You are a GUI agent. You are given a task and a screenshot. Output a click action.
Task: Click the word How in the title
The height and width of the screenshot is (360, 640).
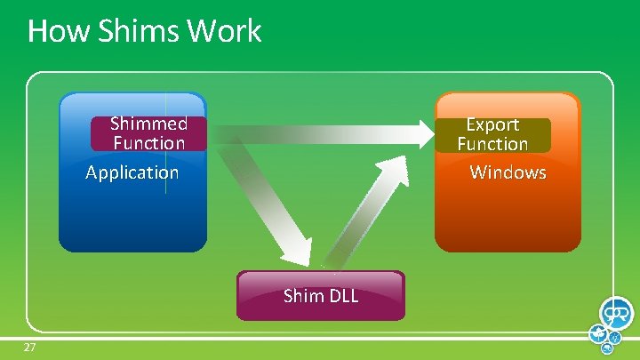pos(49,31)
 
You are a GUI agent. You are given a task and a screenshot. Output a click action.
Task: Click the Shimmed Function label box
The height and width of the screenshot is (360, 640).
pos(148,133)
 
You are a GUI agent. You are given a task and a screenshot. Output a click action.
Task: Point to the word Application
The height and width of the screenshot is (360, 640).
pos(132,172)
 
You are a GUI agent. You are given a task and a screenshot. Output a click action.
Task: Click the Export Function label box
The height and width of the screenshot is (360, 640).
pos(493,134)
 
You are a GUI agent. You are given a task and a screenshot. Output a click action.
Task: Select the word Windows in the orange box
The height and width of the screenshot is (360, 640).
pos(508,172)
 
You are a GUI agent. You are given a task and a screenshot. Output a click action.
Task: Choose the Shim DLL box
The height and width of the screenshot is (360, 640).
pos(321,296)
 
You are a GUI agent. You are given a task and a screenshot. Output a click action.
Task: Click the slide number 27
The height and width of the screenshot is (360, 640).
pos(29,347)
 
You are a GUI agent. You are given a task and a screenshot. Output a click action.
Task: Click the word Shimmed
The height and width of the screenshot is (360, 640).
pos(149,124)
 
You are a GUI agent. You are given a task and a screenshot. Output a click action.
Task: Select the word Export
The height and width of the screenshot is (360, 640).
pos(493,124)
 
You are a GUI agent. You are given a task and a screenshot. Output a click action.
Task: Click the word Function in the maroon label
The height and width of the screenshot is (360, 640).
pos(149,143)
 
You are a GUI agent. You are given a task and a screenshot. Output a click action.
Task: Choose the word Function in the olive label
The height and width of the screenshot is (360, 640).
pos(493,144)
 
